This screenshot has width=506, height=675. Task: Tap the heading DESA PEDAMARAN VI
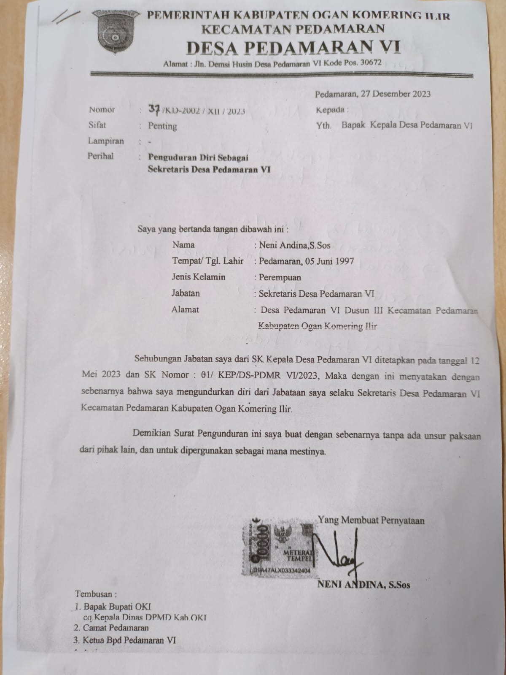coord(293,48)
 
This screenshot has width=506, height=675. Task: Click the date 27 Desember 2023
coord(394,94)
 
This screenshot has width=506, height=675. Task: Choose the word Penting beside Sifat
coord(162,126)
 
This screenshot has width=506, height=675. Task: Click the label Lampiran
coord(105,141)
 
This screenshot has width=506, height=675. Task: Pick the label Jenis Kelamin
coord(198,277)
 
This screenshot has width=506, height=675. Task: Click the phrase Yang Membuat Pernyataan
coord(371,520)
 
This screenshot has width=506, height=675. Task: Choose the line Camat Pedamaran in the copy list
coord(116,628)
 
